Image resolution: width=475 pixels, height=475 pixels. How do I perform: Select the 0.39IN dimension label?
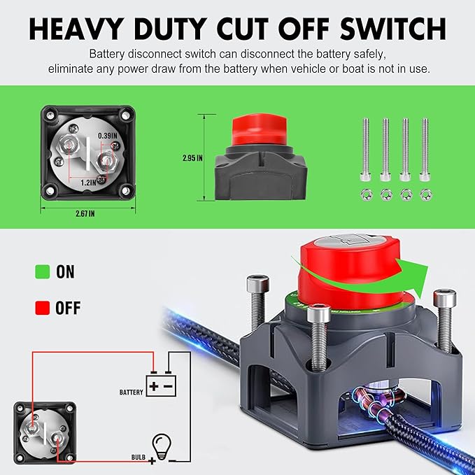(x=107, y=135)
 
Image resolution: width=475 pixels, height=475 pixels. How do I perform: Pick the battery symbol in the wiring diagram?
(x=161, y=384)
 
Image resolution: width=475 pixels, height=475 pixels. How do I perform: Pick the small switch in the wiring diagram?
(x=44, y=430)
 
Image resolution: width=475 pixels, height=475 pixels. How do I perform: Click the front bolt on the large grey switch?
(x=318, y=336)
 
